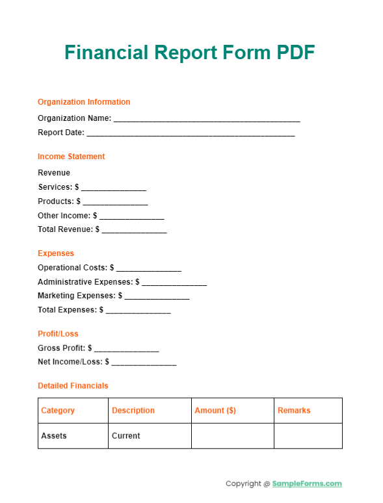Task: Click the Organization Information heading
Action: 84,102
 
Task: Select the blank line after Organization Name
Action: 207,120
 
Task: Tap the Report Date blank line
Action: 191,134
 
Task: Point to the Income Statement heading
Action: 71,157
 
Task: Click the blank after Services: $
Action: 114,188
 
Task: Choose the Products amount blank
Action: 115,203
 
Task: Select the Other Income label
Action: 63,216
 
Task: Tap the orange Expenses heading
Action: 56,253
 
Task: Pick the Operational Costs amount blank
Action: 148,268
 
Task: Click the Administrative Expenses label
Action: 85,282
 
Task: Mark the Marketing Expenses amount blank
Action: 157,297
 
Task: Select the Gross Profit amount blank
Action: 126,350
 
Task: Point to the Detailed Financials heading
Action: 73,386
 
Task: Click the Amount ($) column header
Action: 215,411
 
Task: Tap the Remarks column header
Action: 294,411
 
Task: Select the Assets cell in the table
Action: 54,435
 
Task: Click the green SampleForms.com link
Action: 306,484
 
